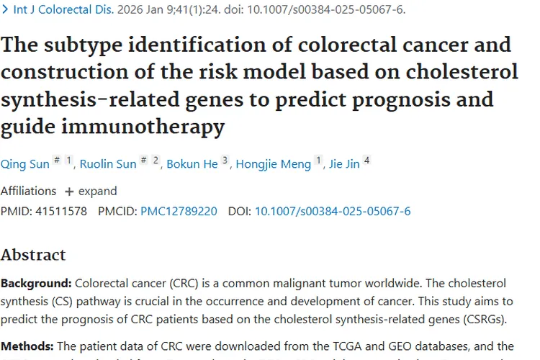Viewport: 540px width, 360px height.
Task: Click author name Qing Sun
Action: click(25, 164)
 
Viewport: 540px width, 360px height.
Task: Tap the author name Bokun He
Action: click(192, 164)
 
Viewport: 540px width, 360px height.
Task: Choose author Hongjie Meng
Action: click(276, 164)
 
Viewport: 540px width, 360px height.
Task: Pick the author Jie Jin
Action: click(344, 164)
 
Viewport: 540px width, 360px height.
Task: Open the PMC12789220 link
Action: click(179, 211)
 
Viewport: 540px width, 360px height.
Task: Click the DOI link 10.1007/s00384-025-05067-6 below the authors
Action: click(333, 211)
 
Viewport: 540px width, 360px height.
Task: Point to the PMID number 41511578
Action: click(61, 211)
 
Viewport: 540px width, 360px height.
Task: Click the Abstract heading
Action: click(33, 255)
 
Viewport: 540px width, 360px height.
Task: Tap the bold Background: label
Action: click(36, 283)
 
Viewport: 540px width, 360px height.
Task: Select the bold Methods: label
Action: click(27, 346)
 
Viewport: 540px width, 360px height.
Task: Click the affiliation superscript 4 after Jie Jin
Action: click(367, 161)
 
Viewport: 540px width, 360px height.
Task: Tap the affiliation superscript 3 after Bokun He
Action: click(225, 161)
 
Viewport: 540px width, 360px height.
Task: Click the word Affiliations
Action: click(28, 191)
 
